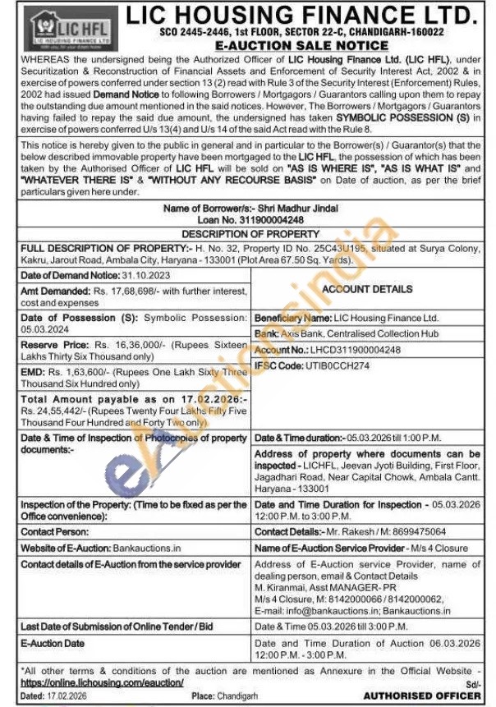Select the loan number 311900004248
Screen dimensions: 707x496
(273, 219)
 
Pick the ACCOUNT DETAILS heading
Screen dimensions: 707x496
(367, 289)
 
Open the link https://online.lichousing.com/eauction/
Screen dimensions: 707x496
(102, 682)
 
